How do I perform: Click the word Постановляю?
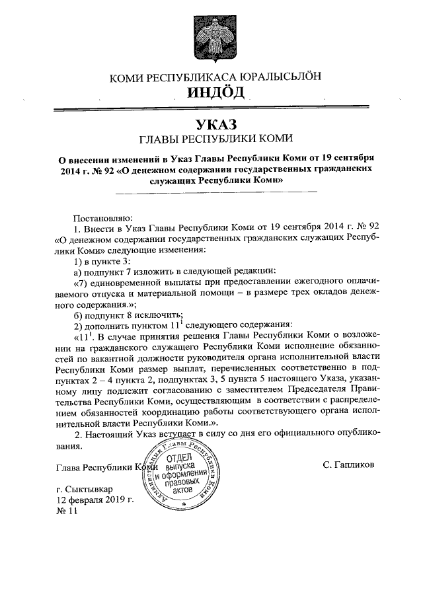[x=102, y=216]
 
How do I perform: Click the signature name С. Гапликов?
[x=348, y=464]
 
